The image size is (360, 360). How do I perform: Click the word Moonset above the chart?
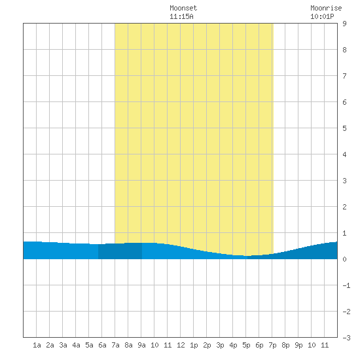pos(183,8)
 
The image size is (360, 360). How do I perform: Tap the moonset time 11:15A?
pos(181,16)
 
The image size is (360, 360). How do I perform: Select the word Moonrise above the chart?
pos(326,8)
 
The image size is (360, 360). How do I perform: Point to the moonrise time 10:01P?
pos(322,16)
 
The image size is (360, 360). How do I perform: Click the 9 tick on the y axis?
pos(344,24)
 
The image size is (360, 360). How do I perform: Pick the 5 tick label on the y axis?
pos(344,128)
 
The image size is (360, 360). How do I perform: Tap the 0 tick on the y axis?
pos(344,259)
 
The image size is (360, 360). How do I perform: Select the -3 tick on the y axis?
pos(346,338)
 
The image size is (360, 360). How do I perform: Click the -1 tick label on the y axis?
pos(346,285)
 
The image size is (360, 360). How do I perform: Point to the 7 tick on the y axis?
pos(344,76)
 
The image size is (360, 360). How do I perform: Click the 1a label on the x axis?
pos(37,345)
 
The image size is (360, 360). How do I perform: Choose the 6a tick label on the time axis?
pos(102,345)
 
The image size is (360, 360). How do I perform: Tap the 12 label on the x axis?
pos(181,345)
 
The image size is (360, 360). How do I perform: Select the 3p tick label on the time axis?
pos(220,345)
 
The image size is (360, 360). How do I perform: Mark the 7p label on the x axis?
pos(272,345)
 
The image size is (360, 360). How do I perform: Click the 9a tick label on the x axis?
pos(141,345)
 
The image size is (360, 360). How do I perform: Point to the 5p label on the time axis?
pos(246,345)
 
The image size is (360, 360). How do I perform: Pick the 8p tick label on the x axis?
pos(285,345)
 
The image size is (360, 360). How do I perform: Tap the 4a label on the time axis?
pos(76,345)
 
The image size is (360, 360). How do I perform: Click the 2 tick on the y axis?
pos(344,207)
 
